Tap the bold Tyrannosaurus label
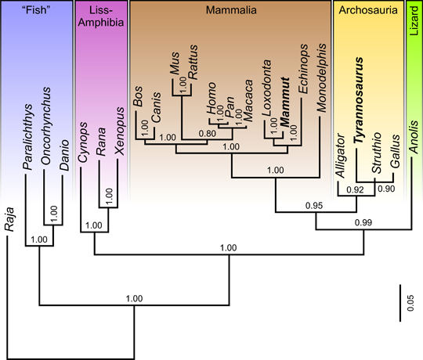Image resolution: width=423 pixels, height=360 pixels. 359,100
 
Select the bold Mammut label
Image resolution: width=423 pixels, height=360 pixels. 284,102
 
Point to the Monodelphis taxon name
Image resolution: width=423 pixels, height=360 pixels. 321,77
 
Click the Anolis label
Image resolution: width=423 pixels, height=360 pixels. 414,137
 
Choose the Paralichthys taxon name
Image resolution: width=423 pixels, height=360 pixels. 27,137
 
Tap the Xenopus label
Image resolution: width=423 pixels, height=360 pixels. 119,131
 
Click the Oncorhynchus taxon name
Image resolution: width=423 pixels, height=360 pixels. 46,125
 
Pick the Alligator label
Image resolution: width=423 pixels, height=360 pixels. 340,156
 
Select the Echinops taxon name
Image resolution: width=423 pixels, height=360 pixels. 303,69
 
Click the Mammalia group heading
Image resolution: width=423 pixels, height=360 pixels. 231,10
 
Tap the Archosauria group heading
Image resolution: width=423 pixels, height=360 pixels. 368,10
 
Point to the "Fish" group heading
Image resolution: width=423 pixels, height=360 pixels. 36,10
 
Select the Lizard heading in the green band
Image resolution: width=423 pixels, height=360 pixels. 414,21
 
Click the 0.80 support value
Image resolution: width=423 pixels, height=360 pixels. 207,134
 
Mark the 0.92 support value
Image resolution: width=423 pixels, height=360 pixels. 355,190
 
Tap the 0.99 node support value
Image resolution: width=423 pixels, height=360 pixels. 363,222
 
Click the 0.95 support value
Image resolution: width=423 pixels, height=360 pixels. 314,206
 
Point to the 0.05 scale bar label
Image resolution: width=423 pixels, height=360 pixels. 410,303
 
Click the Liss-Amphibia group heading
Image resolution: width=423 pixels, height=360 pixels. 101,16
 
